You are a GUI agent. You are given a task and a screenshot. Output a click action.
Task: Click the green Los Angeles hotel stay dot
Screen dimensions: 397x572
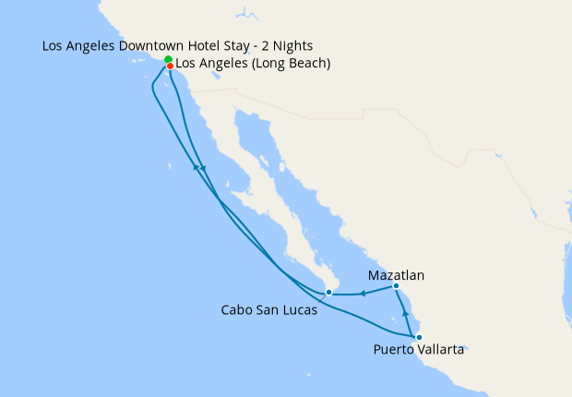click(169, 60)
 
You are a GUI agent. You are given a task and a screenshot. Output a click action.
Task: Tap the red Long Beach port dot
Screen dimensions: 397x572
click(171, 66)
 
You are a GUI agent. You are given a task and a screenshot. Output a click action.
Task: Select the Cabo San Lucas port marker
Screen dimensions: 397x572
click(328, 293)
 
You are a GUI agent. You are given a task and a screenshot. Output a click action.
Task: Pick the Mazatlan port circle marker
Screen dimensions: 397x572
click(396, 286)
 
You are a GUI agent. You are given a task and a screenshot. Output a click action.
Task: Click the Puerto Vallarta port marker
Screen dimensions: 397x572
click(419, 336)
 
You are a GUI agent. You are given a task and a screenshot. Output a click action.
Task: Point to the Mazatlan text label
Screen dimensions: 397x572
click(397, 275)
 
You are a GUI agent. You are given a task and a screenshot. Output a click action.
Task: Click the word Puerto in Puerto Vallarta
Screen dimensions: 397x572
click(395, 350)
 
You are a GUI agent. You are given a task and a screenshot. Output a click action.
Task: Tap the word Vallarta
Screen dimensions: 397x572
click(443, 350)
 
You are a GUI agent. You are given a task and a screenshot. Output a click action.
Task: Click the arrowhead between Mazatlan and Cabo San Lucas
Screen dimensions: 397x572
click(363, 295)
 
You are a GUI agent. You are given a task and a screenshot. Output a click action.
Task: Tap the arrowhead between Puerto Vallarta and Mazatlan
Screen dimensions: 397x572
click(406, 315)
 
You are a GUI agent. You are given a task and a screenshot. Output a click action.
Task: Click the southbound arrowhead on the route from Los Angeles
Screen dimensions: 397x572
click(202, 167)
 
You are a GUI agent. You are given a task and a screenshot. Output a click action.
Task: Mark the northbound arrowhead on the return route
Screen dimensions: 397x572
click(195, 167)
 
